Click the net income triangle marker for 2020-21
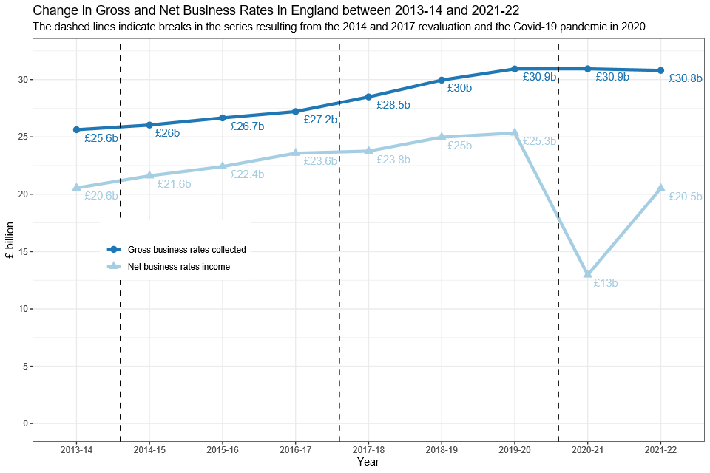click(x=588, y=273)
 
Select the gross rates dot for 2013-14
click(x=76, y=129)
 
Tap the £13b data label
click(x=605, y=283)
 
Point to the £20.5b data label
click(x=686, y=197)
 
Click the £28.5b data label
click(x=393, y=105)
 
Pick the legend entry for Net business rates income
click(x=178, y=267)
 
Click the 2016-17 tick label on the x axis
click(x=295, y=449)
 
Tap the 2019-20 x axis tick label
click(x=514, y=449)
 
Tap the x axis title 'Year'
click(x=368, y=462)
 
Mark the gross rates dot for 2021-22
click(x=660, y=70)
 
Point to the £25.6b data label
click(x=101, y=137)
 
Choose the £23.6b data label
click(x=320, y=160)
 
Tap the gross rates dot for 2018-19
click(x=442, y=80)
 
